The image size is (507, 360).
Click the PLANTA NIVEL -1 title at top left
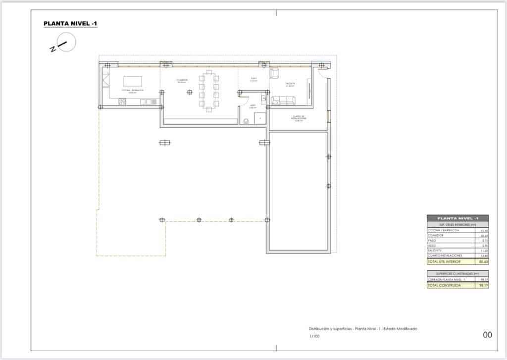pyautogui.click(x=70, y=23)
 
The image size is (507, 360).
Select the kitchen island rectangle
pyautogui.click(x=133, y=81)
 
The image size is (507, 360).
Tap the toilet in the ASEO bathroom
pyautogui.click(x=246, y=121)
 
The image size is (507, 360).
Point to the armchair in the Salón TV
pyautogui.click(x=274, y=74)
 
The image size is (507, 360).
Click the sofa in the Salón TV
pyautogui.click(x=283, y=101)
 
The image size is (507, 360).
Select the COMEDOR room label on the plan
pyautogui.click(x=182, y=80)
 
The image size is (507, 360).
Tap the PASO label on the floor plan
pyautogui.click(x=253, y=79)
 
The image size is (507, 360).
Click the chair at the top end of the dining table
pyautogui.click(x=209, y=73)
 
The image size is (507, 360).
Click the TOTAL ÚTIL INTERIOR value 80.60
pyautogui.click(x=483, y=261)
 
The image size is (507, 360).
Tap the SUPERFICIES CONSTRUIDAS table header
pyautogui.click(x=457, y=273)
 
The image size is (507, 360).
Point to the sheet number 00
pyautogui.click(x=487, y=335)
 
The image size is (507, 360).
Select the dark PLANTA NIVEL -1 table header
pyautogui.click(x=457, y=218)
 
